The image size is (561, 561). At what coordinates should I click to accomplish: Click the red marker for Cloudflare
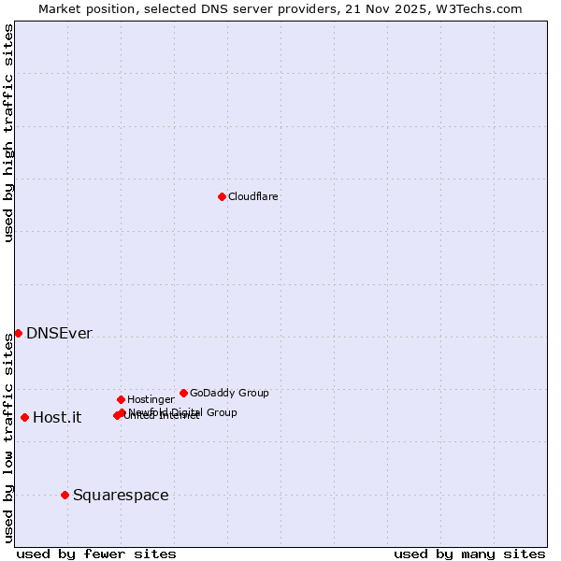pos(222,196)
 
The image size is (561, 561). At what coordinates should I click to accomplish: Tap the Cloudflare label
pos(252,196)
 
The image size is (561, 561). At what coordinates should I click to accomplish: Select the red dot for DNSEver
pos(18,333)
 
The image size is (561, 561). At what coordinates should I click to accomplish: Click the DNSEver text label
pos(59,334)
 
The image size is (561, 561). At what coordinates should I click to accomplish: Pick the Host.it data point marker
pos(24,417)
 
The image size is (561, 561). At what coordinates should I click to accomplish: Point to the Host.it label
pos(57,418)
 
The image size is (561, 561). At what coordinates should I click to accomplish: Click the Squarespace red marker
pos(65,495)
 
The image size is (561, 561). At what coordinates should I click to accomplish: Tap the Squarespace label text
pos(121,496)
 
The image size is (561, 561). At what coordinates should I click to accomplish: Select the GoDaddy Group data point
pos(183,393)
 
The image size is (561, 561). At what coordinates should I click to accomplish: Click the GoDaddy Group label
pos(229,393)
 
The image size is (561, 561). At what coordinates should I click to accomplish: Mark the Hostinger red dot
pos(121,399)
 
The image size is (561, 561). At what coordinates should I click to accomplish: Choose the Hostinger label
pos(151,399)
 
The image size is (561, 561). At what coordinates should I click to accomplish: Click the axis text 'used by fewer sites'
pos(96,554)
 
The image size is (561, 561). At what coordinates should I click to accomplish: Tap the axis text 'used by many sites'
pos(469,554)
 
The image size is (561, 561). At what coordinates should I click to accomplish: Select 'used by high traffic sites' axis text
pos(9,133)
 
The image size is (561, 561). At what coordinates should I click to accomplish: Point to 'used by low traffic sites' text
pos(9,437)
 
